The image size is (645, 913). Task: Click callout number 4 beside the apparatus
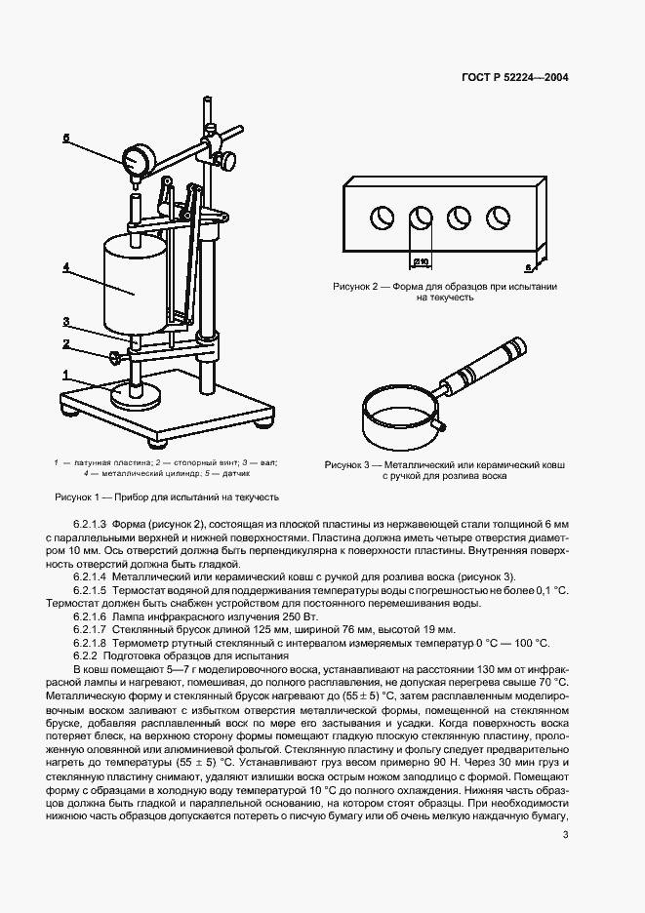(x=65, y=265)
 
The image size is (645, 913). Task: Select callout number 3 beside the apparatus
(x=65, y=321)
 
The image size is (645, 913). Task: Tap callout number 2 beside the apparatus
(x=65, y=343)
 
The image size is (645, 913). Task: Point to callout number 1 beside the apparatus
(x=65, y=374)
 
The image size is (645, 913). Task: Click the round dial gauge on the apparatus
(x=136, y=158)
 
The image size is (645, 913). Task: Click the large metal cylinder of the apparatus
(x=133, y=284)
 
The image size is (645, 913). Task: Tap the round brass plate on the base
(x=136, y=395)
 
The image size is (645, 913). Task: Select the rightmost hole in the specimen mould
(x=498, y=218)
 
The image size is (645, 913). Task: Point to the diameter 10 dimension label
(x=421, y=262)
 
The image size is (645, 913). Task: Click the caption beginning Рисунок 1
(x=167, y=496)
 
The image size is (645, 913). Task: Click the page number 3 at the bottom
(x=565, y=833)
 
